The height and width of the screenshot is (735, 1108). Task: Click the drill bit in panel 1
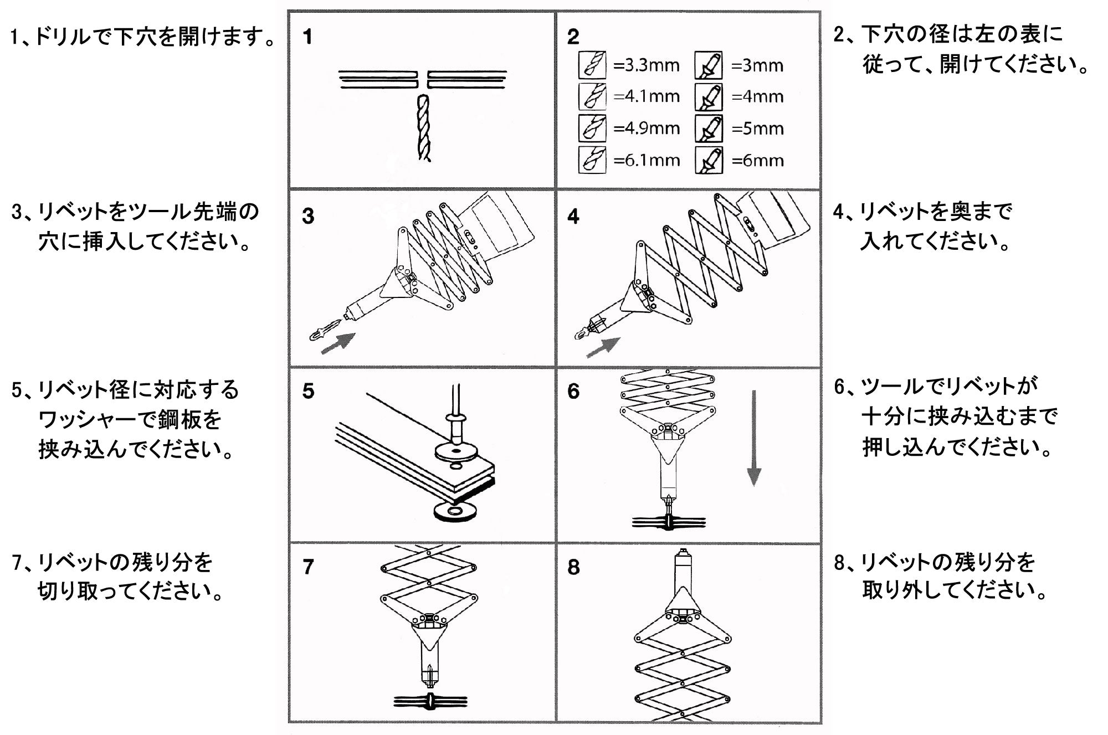(x=424, y=127)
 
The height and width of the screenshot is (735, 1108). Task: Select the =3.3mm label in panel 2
(x=647, y=65)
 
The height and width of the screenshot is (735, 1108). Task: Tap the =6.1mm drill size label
(x=647, y=161)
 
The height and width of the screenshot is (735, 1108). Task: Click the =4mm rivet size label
(x=757, y=97)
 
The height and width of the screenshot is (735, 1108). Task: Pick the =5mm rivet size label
(x=757, y=129)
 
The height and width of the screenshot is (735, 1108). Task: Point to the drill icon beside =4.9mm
(x=592, y=129)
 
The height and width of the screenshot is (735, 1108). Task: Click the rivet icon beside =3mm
(x=709, y=66)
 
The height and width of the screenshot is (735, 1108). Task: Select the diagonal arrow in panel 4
(x=603, y=347)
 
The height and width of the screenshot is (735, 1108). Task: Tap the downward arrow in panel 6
(x=753, y=438)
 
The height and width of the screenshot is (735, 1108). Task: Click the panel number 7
(x=309, y=567)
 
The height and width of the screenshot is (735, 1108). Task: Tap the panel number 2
(x=573, y=37)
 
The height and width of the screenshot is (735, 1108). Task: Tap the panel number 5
(x=309, y=391)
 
